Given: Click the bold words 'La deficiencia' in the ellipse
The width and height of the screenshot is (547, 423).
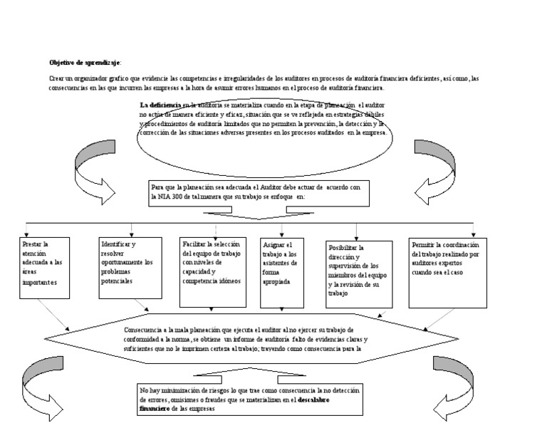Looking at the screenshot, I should (159, 105).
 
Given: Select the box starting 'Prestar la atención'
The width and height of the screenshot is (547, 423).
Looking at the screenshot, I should (46, 264).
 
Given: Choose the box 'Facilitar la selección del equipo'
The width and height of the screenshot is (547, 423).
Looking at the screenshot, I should (214, 264).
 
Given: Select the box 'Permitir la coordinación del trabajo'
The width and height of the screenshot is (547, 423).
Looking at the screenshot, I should (447, 264).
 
